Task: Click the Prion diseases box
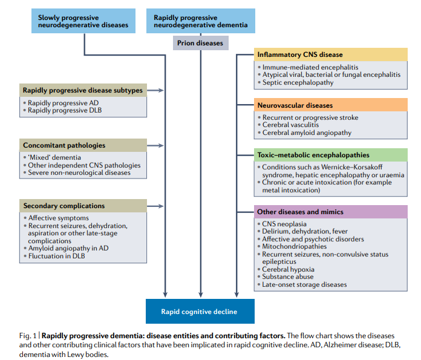coord(201,43)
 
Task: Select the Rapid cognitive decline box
coord(200,312)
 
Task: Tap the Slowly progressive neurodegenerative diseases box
coord(83,21)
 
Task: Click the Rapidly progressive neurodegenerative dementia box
coord(201,21)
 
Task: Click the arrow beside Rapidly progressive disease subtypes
coord(155,91)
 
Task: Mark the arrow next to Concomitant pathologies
coord(155,146)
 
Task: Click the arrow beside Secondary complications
coord(155,206)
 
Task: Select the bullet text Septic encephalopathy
coord(298,82)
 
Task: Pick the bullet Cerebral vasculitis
coord(290,125)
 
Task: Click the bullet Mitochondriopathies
coord(294,247)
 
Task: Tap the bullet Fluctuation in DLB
coord(56,256)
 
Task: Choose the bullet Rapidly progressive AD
coord(63,103)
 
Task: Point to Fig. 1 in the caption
coord(28,336)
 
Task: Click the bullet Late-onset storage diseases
coord(304,284)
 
